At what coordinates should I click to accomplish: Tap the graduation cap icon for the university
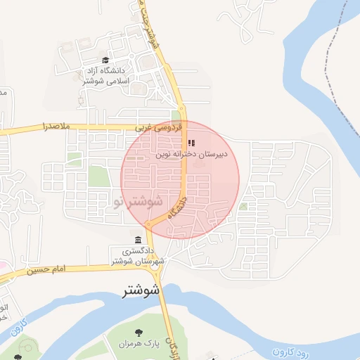pos(105,61)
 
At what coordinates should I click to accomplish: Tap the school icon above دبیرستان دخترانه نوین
pos(191,143)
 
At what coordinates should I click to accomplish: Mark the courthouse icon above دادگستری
pos(137,240)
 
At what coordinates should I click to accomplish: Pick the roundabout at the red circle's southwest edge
pos(148,224)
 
